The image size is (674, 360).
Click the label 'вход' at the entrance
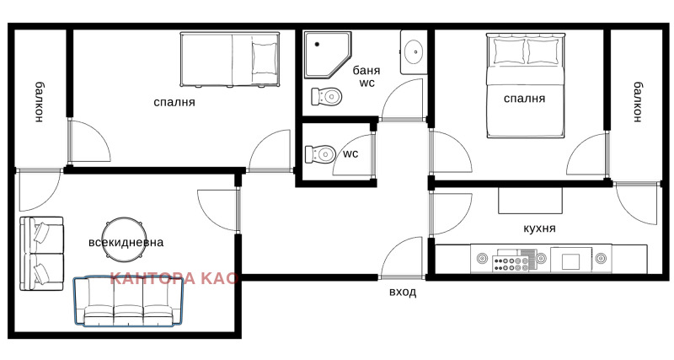click(402, 293)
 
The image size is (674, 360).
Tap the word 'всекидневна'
click(126, 242)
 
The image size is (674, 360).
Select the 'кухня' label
click(538, 228)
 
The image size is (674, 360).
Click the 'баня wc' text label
click(366, 77)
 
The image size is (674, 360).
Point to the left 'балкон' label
click(39, 102)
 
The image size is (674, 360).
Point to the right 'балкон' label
click(638, 101)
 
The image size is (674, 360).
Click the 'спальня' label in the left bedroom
click(174, 102)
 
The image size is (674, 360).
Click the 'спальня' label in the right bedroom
click(524, 99)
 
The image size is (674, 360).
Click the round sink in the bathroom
click(415, 52)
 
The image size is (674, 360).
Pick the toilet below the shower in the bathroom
click(327, 95)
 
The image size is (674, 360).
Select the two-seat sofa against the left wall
click(41, 253)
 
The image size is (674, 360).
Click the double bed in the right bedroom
click(523, 84)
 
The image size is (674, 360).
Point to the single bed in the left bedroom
click(228, 58)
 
